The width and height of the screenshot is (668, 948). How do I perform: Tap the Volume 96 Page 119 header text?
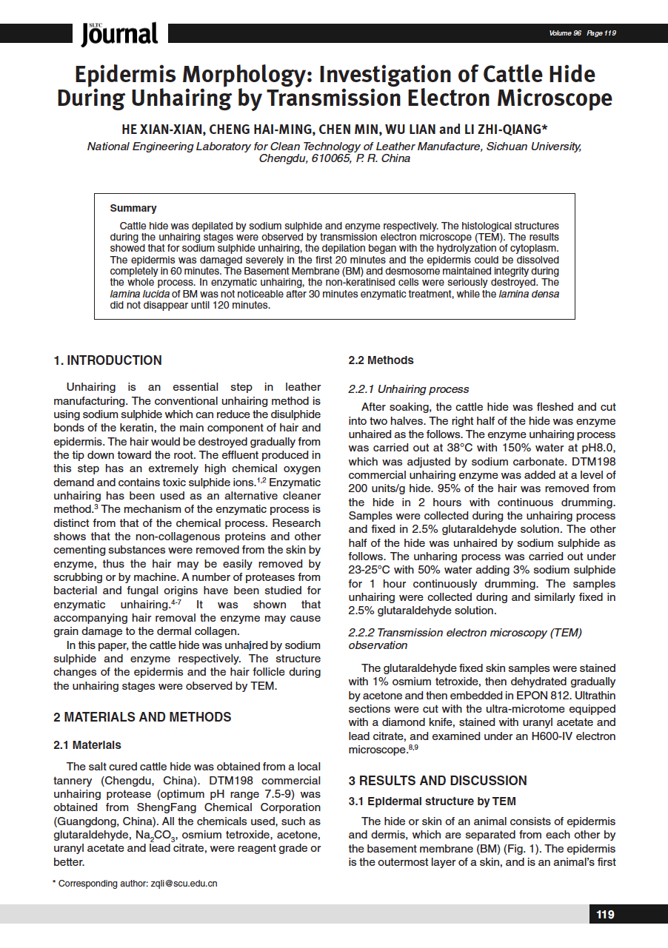[x=582, y=33]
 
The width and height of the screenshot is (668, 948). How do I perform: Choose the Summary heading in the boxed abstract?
[x=133, y=208]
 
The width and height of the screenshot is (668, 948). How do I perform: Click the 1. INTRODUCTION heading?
[x=107, y=360]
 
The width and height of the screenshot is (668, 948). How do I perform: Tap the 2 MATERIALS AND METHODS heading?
[x=142, y=717]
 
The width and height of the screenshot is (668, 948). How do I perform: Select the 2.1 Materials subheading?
[x=87, y=744]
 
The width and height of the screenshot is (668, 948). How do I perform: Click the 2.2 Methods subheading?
[x=381, y=360]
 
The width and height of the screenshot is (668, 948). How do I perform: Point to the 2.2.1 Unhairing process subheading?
[x=409, y=389]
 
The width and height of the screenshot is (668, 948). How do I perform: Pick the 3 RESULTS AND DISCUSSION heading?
[x=438, y=781]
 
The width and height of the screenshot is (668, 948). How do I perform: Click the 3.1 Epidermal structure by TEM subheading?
[x=432, y=801]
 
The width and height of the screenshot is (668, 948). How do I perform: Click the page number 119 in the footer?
[x=605, y=915]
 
